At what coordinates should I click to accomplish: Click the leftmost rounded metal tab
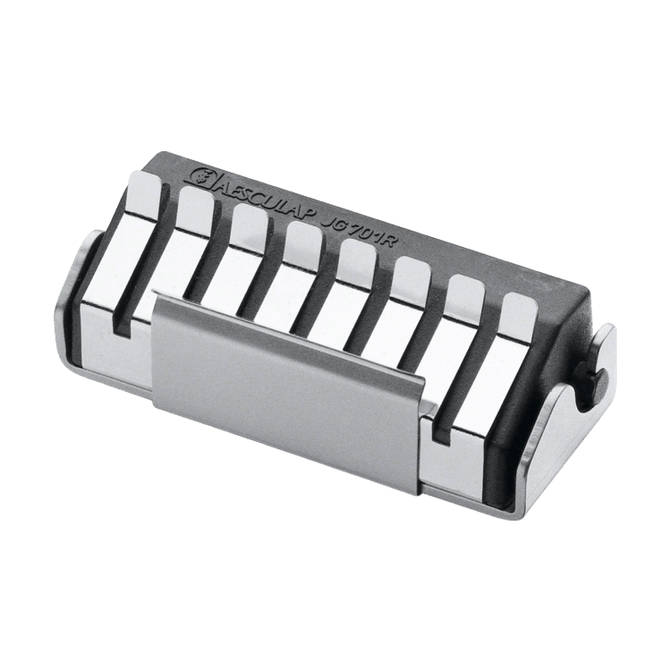[144, 193]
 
